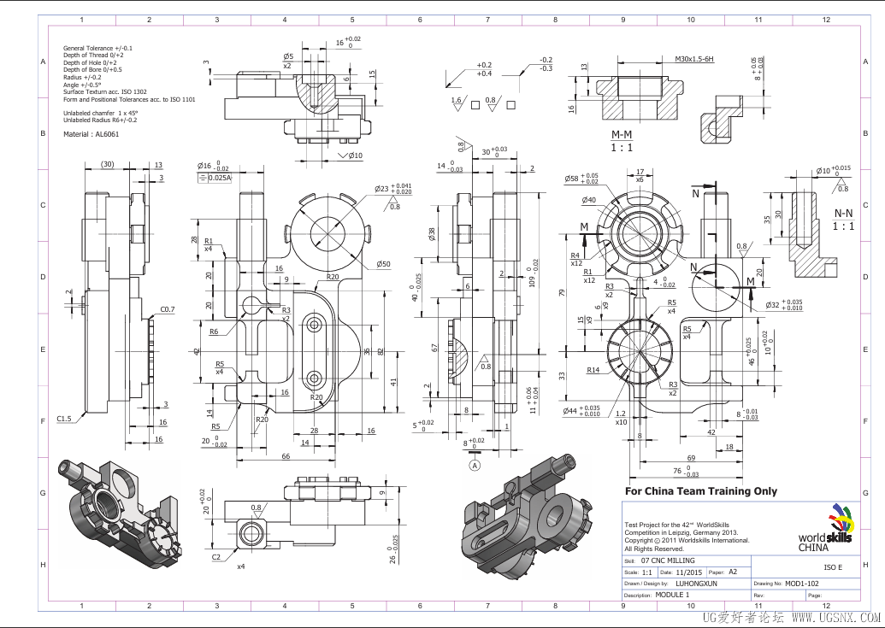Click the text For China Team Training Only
point(701,491)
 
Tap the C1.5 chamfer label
point(64,419)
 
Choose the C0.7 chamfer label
point(167,308)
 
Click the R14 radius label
point(593,370)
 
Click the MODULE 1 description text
point(671,595)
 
